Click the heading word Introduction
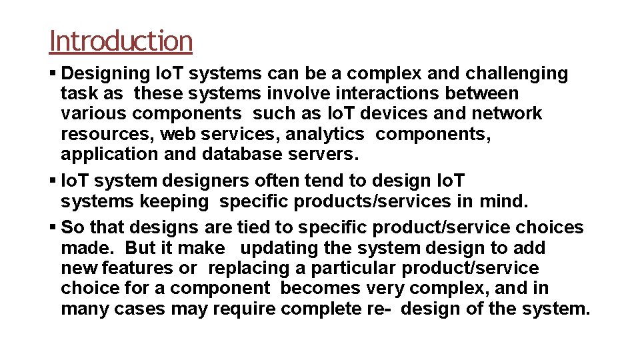tap(121, 41)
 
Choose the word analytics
tap(325, 134)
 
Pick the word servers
tap(325, 154)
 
